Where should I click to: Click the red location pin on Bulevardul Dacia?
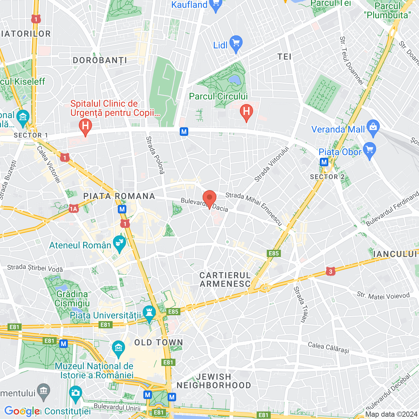pyautogui.click(x=209, y=199)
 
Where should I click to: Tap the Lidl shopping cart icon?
pyautogui.click(x=236, y=44)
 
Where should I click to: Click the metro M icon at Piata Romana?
pyautogui.click(x=122, y=209)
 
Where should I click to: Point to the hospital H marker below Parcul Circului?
pyautogui.click(x=246, y=112)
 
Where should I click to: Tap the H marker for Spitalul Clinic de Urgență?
pyautogui.click(x=85, y=126)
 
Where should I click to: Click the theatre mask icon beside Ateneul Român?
pyautogui.click(x=119, y=243)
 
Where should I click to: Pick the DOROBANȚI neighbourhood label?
pyautogui.click(x=100, y=61)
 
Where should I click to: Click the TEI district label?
pyautogui.click(x=284, y=57)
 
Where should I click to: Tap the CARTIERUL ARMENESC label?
pyautogui.click(x=225, y=280)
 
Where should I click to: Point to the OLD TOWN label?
pyautogui.click(x=159, y=343)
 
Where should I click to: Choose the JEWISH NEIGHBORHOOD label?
pyautogui.click(x=214, y=381)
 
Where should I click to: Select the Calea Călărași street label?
pyautogui.click(x=329, y=348)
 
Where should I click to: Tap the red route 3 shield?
pyautogui.click(x=331, y=271)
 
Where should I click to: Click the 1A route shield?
pyautogui.click(x=74, y=209)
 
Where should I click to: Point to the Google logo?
pyautogui.click(x=22, y=411)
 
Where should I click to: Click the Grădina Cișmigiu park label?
pyautogui.click(x=72, y=299)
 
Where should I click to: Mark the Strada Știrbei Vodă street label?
pyautogui.click(x=35, y=268)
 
